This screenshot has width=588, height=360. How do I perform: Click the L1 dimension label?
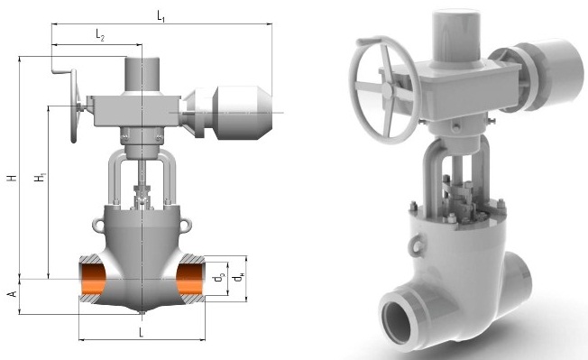[x=161, y=16]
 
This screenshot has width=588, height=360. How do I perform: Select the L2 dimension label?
[x=100, y=35]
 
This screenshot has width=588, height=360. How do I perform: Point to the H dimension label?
[x=13, y=178]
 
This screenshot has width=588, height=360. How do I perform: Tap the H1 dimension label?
[x=40, y=178]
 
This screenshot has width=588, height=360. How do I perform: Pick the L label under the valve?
[x=142, y=332]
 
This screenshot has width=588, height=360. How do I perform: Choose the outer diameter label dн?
[x=238, y=278]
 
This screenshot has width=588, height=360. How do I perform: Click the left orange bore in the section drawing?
[x=92, y=280]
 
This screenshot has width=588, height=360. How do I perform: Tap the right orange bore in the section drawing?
[x=190, y=280]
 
